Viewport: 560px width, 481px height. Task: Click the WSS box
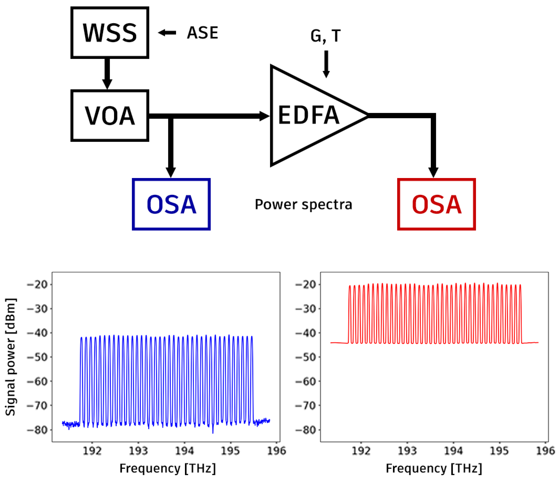[x=110, y=33]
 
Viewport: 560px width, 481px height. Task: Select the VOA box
[x=110, y=116]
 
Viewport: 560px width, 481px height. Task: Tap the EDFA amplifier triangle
[x=311, y=116]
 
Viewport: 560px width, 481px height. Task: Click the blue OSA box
[x=171, y=204]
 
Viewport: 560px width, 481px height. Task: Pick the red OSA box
[x=436, y=204]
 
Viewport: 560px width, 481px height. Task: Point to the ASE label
[x=202, y=33]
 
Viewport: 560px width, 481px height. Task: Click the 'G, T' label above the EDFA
[x=326, y=36]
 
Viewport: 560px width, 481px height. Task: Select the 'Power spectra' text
[x=303, y=204]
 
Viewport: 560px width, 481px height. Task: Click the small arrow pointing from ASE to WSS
[x=167, y=33]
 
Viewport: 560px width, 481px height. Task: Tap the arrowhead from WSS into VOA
[x=107, y=83]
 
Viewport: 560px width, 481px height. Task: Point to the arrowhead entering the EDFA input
[x=264, y=116]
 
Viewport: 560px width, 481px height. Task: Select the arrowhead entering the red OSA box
[x=433, y=172]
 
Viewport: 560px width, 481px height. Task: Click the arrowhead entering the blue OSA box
[x=171, y=172]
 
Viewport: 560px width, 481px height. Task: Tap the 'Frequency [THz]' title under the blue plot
[x=167, y=468]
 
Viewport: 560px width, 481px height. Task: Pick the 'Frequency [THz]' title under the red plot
[x=434, y=468]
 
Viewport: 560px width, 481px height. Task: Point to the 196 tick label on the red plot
[x=546, y=451]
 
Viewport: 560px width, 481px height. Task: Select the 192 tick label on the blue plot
[x=92, y=451]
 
